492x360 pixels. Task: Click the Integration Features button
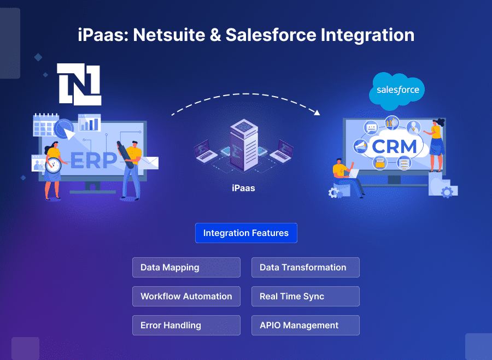pos(246,233)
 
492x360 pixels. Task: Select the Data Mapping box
pos(186,268)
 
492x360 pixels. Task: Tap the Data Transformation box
pos(305,268)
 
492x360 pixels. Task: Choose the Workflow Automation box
pos(186,296)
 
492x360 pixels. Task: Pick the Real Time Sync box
pos(305,296)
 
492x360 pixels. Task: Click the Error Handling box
pos(186,325)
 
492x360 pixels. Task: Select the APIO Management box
pos(305,325)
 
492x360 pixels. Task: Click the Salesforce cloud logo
pos(397,91)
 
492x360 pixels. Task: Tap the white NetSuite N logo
pos(79,84)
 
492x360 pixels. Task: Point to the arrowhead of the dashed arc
pos(317,113)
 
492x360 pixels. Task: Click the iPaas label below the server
pos(243,188)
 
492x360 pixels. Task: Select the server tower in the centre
pos(244,145)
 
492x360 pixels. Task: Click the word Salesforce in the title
pos(271,35)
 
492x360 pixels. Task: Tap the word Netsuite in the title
pos(169,35)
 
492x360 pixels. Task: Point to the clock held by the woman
pos(53,165)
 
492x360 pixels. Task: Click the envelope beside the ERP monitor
pos(148,162)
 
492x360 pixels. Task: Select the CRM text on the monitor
pos(394,147)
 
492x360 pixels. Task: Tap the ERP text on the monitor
pos(93,161)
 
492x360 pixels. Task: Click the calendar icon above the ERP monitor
pos(45,125)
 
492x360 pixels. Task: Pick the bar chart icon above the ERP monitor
pos(90,122)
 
